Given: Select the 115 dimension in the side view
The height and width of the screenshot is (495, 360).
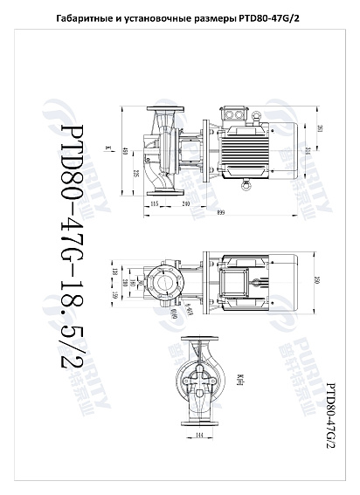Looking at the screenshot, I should pyautogui.click(x=155, y=203).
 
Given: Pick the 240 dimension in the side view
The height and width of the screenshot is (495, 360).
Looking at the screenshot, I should pyautogui.click(x=185, y=203).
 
